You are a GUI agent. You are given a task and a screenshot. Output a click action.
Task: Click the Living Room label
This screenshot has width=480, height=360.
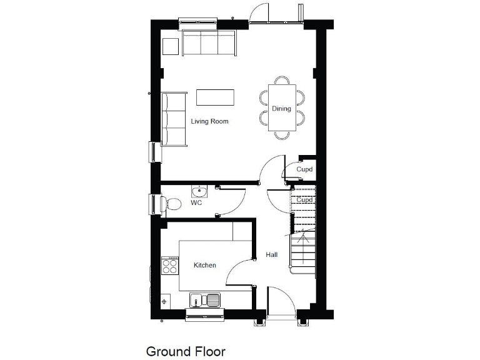[x=210, y=121]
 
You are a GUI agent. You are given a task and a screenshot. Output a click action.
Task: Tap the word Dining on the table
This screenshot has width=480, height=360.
[x=281, y=109]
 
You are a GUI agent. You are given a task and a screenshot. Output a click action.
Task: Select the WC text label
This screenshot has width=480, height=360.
[x=196, y=203]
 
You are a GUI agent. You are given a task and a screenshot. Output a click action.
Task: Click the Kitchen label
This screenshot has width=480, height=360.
[x=204, y=266]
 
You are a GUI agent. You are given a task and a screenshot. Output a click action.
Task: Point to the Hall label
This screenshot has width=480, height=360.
[x=272, y=255]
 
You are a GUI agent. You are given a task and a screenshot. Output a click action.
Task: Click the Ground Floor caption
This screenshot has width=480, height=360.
[x=186, y=351]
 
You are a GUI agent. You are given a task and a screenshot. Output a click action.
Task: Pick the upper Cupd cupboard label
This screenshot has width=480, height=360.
[x=304, y=169]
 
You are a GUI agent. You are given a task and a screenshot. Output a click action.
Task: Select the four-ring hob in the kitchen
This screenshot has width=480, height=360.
[x=169, y=267]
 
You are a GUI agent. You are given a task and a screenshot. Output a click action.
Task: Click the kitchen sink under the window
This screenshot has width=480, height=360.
[x=206, y=300]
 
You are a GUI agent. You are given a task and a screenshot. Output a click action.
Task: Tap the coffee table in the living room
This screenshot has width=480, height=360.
[x=216, y=97]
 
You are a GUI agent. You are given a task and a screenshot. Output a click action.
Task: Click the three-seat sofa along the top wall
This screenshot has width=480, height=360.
[x=209, y=44]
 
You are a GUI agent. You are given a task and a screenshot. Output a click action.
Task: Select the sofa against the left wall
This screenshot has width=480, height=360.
[x=174, y=119]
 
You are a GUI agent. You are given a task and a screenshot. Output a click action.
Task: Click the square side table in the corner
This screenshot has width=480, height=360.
[x=171, y=47]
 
